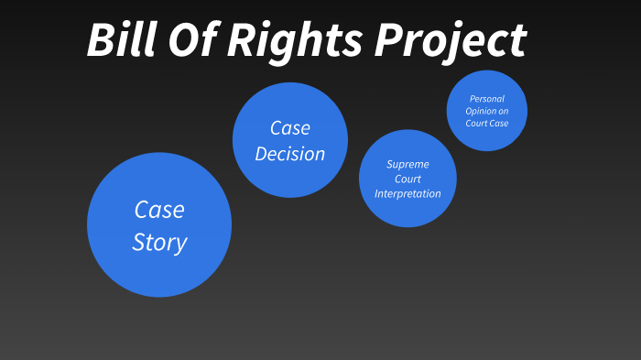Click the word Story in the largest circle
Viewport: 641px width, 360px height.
pyautogui.click(x=159, y=243)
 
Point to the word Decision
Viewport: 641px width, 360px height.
pyautogui.click(x=290, y=154)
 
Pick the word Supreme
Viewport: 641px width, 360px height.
pyautogui.click(x=407, y=164)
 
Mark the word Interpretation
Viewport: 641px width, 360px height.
pyautogui.click(x=407, y=193)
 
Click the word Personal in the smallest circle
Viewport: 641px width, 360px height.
pyautogui.click(x=487, y=98)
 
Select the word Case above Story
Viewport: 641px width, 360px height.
pyautogui.click(x=159, y=210)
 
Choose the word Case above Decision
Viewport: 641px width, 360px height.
pyautogui.click(x=290, y=128)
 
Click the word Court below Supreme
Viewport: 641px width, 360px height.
pyautogui.click(x=407, y=179)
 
